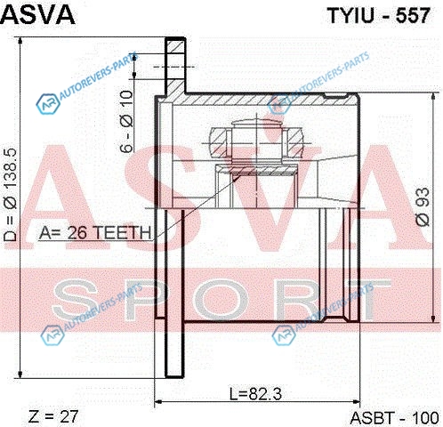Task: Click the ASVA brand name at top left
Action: pyautogui.click(x=37, y=14)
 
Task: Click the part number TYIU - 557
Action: pyautogui.click(x=378, y=15)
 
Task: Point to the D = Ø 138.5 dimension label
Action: pyautogui.click(x=11, y=195)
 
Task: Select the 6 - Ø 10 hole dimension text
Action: pyautogui.click(x=126, y=122)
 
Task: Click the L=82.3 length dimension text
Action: pyautogui.click(x=255, y=394)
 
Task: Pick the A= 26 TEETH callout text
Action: pyautogui.click(x=95, y=232)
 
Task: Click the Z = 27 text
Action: pyautogui.click(x=53, y=416)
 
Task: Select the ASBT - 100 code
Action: pyautogui.click(x=394, y=418)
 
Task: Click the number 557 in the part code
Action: pyautogui.click(x=413, y=15)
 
